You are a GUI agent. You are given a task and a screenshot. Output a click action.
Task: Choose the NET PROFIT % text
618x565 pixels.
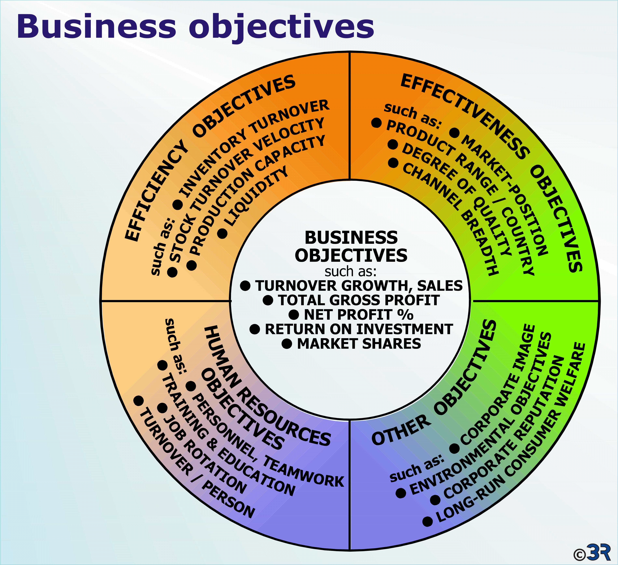tap(359, 314)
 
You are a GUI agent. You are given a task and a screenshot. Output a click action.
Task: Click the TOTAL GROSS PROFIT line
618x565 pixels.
tap(359, 300)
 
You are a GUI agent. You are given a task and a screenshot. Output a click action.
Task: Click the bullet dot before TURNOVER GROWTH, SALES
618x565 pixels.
tap(245, 286)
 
